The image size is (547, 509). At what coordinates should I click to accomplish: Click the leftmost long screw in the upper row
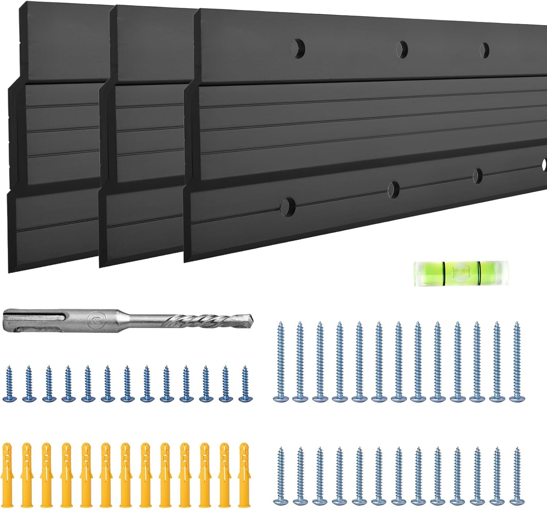(281, 361)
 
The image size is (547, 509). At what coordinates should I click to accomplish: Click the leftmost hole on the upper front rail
(298, 48)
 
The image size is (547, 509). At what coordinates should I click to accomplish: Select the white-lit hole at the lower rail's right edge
(544, 163)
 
